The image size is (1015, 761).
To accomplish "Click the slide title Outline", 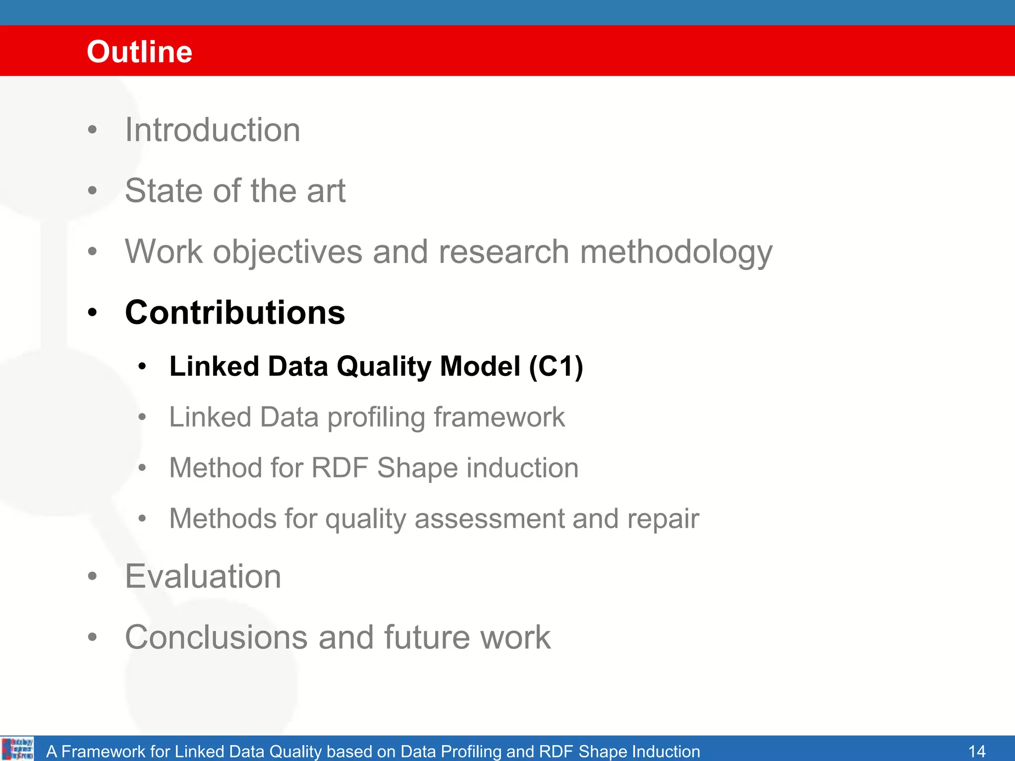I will click(139, 52).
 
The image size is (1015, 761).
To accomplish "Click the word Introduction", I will click(213, 130).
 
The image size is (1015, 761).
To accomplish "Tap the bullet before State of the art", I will click(92, 191).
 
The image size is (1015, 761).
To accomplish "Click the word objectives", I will click(287, 252).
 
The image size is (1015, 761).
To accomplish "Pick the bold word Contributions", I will click(235, 313).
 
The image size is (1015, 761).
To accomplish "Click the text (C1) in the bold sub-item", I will click(556, 367).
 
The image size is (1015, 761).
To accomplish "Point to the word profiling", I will click(376, 417).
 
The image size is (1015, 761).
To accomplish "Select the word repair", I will click(663, 519).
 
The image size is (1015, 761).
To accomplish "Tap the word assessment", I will click(489, 519).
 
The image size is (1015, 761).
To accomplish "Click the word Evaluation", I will click(203, 576).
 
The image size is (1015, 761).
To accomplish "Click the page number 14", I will click(976, 751).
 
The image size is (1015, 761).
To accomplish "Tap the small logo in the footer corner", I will click(18, 749).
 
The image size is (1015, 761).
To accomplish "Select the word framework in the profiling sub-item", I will click(499, 417).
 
